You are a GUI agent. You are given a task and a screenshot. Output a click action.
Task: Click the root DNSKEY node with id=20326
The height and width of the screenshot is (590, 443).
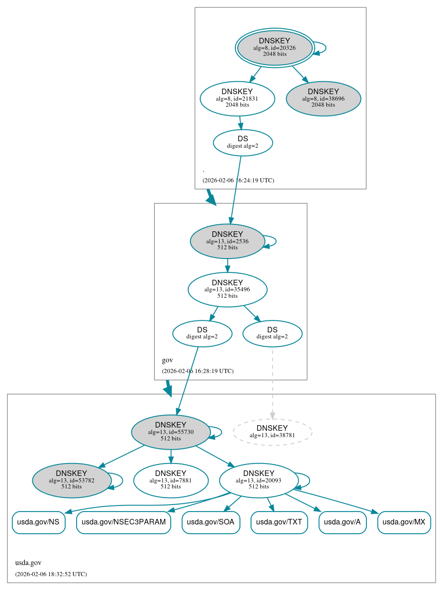pyautogui.click(x=275, y=48)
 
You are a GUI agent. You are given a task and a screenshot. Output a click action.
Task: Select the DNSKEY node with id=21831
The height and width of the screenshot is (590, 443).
pyautogui.click(x=237, y=98)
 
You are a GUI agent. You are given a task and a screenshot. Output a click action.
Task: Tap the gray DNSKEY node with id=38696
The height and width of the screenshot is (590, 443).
pyautogui.click(x=323, y=98)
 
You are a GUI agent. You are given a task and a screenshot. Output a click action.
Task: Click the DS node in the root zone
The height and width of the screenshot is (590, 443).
pyautogui.click(x=243, y=142)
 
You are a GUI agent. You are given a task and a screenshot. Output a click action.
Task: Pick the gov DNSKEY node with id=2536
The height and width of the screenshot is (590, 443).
pyautogui.click(x=227, y=241)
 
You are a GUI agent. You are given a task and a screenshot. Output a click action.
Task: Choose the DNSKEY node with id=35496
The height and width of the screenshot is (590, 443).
pyautogui.click(x=227, y=289)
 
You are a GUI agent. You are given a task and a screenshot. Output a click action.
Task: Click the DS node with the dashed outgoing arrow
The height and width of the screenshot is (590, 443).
pyautogui.click(x=272, y=333)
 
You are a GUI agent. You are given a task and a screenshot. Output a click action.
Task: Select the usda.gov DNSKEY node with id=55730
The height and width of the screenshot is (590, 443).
pyautogui.click(x=171, y=432)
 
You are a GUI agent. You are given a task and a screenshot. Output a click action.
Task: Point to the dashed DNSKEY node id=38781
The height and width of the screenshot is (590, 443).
pyautogui.click(x=272, y=432)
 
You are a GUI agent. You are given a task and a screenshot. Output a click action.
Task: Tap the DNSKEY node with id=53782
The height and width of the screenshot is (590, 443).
pyautogui.click(x=72, y=480)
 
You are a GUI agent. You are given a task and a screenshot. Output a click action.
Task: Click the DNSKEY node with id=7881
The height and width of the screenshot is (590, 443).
pyautogui.click(x=171, y=480)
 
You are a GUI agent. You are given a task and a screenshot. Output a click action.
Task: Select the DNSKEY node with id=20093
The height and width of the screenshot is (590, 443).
pyautogui.click(x=258, y=480)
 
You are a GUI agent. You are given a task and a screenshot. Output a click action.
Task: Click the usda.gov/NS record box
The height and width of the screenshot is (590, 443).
pyautogui.click(x=38, y=522)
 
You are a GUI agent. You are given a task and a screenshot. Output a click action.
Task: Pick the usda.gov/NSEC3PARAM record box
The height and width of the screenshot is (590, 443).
pyautogui.click(x=124, y=522)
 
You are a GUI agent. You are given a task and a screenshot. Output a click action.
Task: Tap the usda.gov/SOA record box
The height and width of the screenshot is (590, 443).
pyautogui.click(x=211, y=522)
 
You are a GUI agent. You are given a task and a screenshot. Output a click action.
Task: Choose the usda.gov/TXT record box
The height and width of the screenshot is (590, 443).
pyautogui.click(x=279, y=522)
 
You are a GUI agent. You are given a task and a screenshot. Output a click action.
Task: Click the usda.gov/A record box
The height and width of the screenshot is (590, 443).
pyautogui.click(x=342, y=522)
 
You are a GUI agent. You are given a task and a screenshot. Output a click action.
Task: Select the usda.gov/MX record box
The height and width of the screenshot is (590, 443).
pyautogui.click(x=404, y=522)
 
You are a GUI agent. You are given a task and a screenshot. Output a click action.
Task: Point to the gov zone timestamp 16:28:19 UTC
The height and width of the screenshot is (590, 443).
pyautogui.click(x=198, y=371)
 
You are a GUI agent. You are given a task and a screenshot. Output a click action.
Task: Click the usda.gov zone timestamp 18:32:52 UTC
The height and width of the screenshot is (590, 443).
pyautogui.click(x=51, y=574)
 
